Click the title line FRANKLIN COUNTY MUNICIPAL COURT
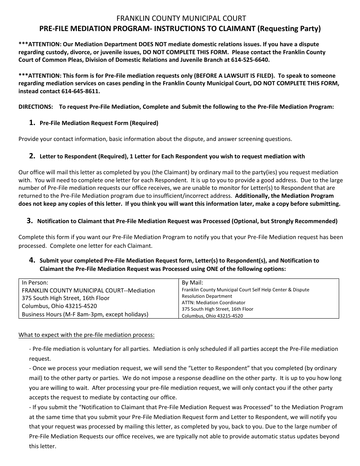(181, 18)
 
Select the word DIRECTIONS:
(36, 107)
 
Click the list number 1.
(32, 122)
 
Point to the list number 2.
(32, 156)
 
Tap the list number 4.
(32, 260)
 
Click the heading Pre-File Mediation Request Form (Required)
(99, 123)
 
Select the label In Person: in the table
(35, 282)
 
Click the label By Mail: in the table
(193, 282)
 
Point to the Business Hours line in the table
(85, 314)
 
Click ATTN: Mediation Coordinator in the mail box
(213, 303)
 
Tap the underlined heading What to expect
(86, 335)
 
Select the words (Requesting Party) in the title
(289, 28)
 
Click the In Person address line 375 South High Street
(66, 298)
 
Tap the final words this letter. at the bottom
(42, 446)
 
